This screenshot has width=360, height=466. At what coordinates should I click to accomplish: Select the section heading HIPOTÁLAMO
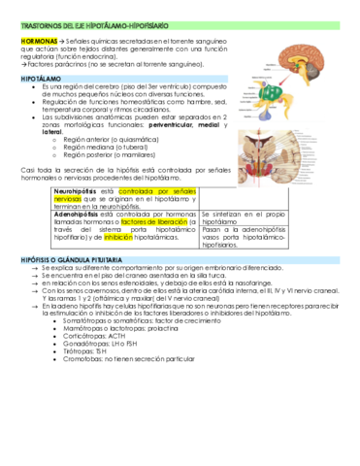42,75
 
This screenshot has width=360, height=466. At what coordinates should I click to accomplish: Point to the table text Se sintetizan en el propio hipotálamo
243,217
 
